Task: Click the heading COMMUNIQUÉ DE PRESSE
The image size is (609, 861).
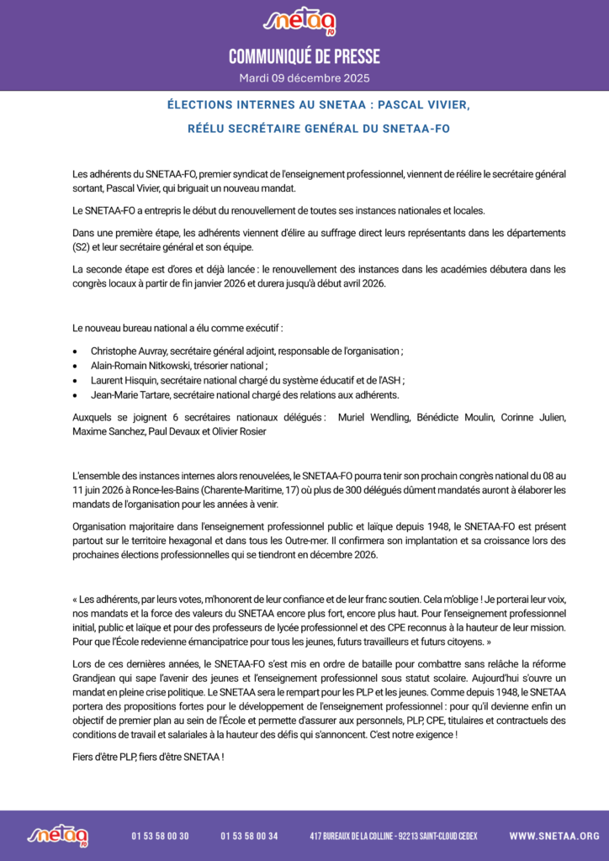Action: tap(304, 57)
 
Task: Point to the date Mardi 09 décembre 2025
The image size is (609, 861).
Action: tap(304, 78)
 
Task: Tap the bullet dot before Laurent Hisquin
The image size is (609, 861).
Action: tap(77, 380)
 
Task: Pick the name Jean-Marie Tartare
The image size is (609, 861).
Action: tap(128, 394)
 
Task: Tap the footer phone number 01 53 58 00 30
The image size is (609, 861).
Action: tap(160, 836)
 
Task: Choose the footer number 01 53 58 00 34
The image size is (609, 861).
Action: tap(249, 836)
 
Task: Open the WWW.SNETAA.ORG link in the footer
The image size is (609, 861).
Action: tap(554, 836)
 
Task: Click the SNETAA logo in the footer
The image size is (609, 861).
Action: tap(58, 835)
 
